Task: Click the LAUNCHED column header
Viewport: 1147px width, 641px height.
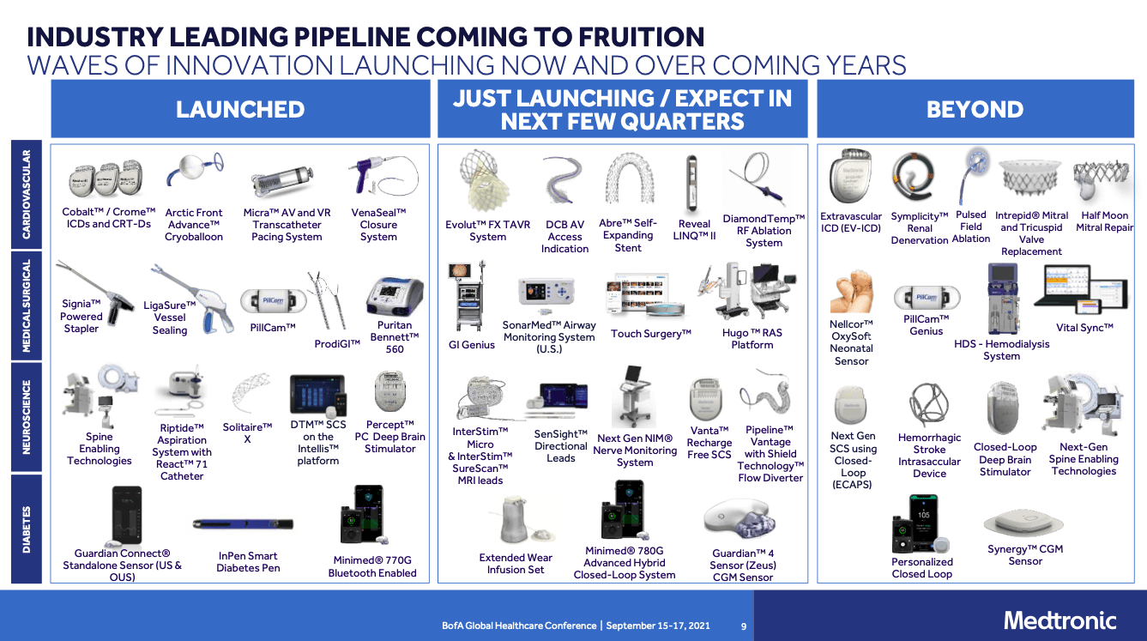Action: [x=240, y=110]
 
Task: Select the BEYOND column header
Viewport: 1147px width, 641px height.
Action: [x=975, y=110]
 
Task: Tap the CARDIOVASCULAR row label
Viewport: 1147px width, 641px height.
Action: [x=27, y=195]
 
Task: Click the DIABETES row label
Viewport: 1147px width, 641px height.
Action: [x=27, y=528]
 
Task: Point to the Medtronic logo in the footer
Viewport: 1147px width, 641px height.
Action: [x=1059, y=620]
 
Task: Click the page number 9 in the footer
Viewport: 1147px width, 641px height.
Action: [x=744, y=626]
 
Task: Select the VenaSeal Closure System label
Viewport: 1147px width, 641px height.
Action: [x=378, y=225]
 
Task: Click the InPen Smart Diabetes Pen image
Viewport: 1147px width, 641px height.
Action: [x=243, y=523]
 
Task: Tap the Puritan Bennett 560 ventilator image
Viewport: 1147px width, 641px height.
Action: [x=395, y=297]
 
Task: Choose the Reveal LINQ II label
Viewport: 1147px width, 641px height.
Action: [x=694, y=230]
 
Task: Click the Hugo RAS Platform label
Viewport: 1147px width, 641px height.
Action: [x=752, y=339]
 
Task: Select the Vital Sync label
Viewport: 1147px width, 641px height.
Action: [x=1084, y=328]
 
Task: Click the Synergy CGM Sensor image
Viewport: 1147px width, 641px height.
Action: [x=1024, y=523]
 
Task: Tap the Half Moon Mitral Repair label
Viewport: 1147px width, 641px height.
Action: [x=1104, y=221]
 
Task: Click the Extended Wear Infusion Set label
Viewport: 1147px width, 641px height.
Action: [x=516, y=564]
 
